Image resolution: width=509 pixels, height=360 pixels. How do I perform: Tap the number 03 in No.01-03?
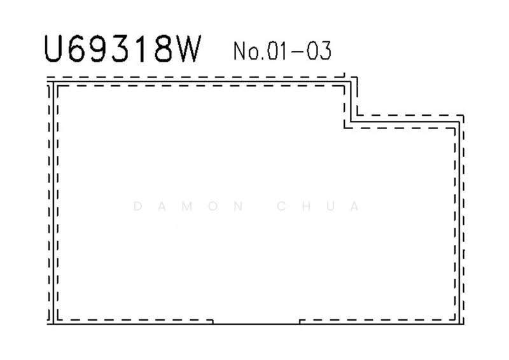pos(319,51)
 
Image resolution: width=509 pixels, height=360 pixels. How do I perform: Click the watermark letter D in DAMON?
pos(137,206)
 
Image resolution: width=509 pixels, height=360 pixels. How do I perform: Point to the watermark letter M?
pos(187,206)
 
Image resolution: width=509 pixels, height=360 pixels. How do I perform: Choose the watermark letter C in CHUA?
pos(281,206)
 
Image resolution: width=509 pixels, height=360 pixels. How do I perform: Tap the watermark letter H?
pos(306,206)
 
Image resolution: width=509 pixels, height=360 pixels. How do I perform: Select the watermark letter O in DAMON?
pos(213,206)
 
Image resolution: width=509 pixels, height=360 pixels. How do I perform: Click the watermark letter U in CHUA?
pos(331,206)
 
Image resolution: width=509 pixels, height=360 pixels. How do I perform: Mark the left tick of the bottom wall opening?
pos(213,322)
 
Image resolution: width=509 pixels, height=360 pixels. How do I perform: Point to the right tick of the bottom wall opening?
pos(300,322)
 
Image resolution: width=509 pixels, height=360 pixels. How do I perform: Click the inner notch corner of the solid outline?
pos(351,121)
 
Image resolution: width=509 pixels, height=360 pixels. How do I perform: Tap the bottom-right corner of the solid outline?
pos(459,324)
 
